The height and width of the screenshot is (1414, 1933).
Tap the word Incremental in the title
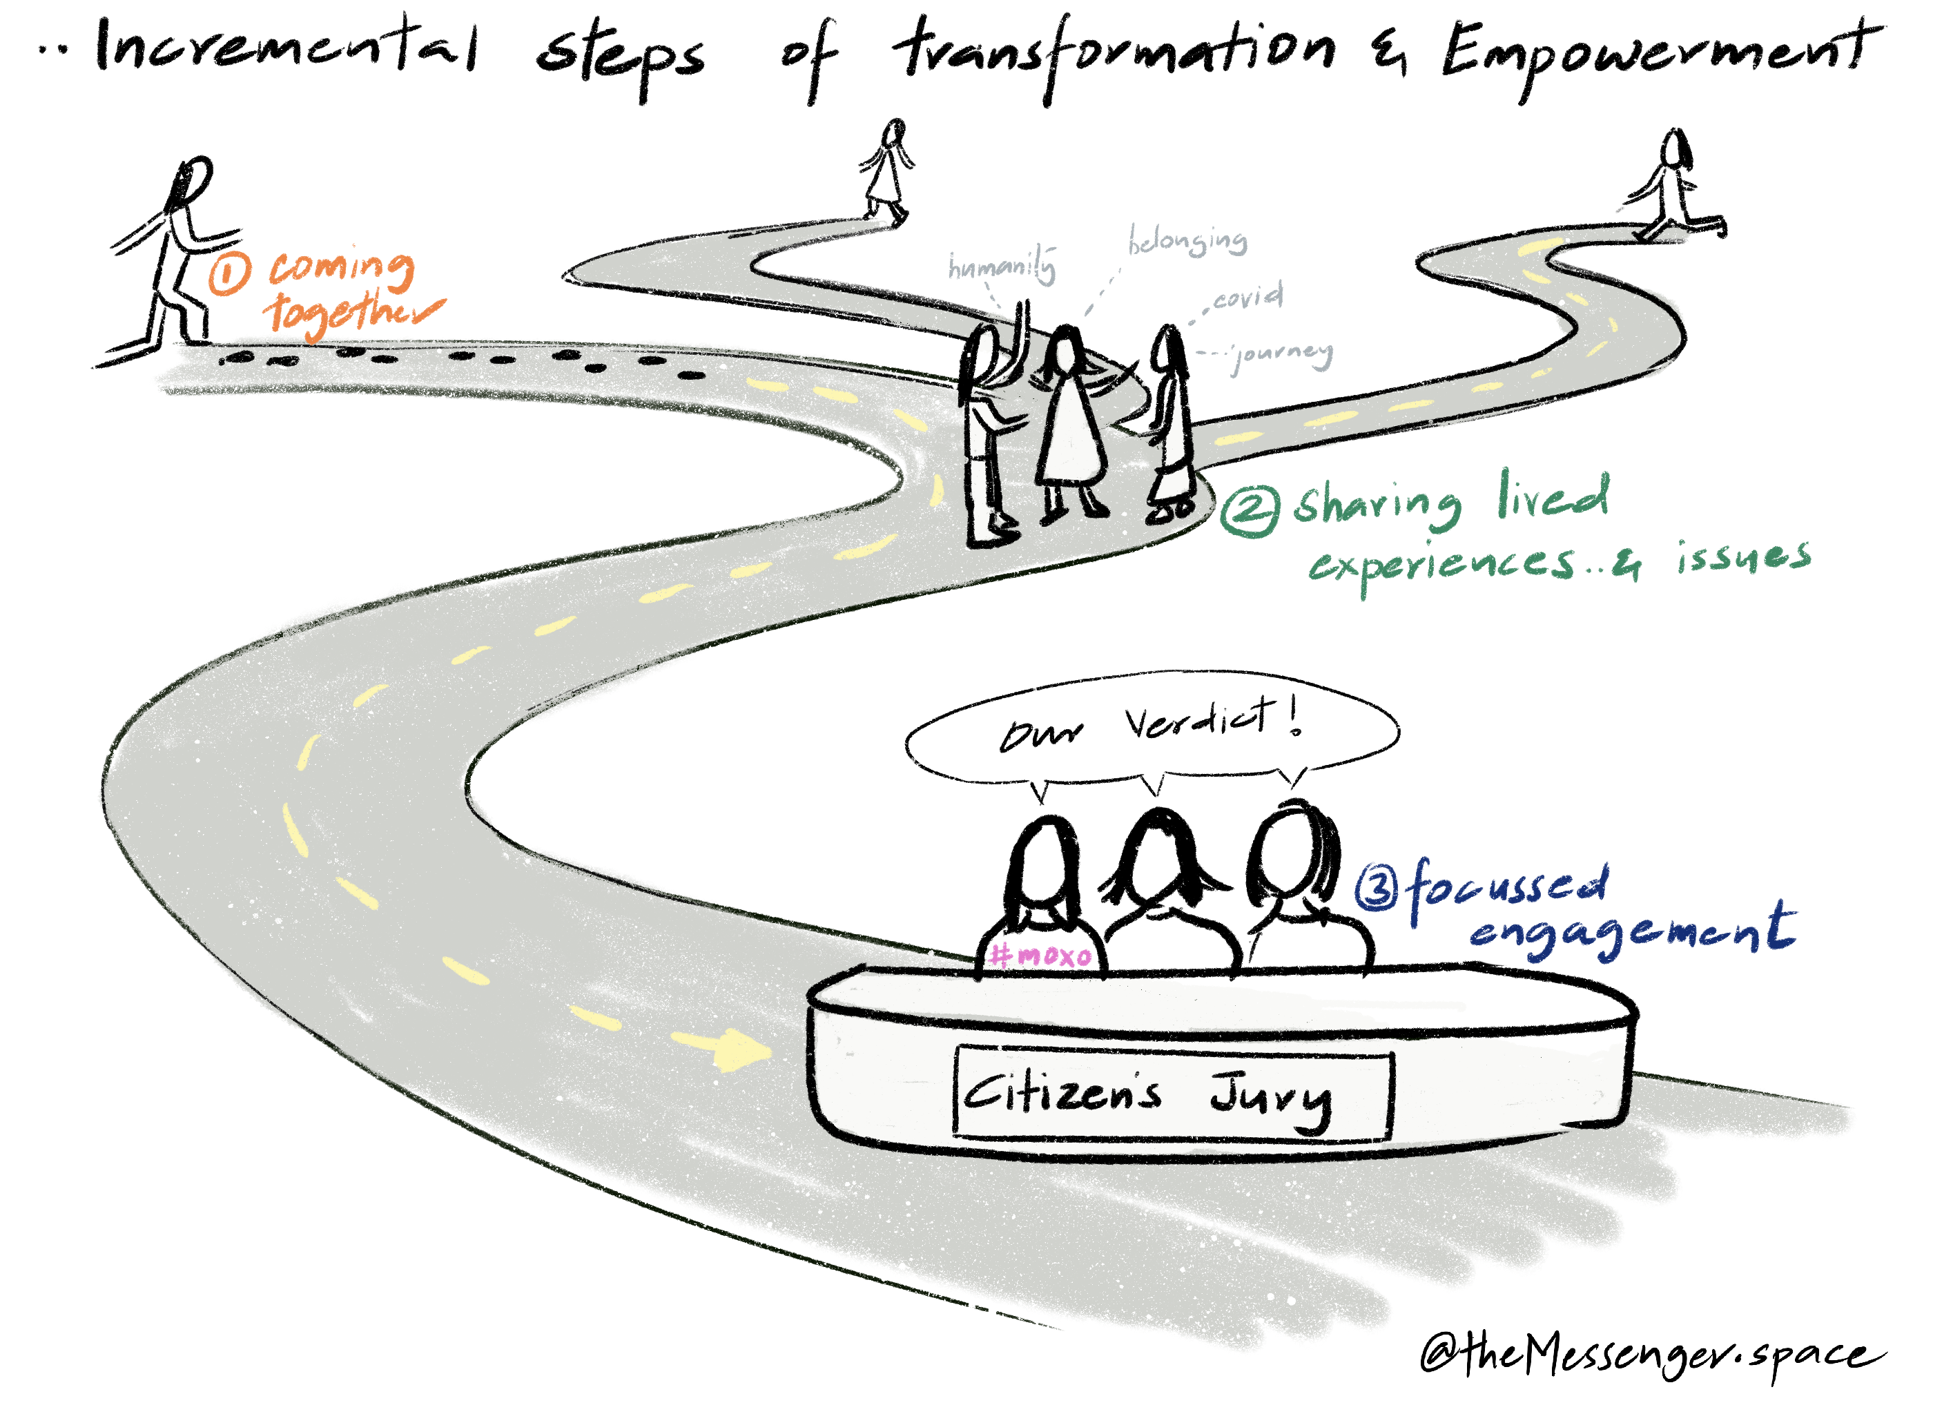(x=286, y=47)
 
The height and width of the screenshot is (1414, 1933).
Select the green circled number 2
(x=1250, y=511)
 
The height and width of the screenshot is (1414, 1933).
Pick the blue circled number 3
(x=1377, y=888)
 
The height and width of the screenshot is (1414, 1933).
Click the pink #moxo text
(x=1040, y=954)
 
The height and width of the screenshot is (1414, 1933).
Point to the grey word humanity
(x=1001, y=267)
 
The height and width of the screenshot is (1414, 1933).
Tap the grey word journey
(x=1281, y=353)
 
